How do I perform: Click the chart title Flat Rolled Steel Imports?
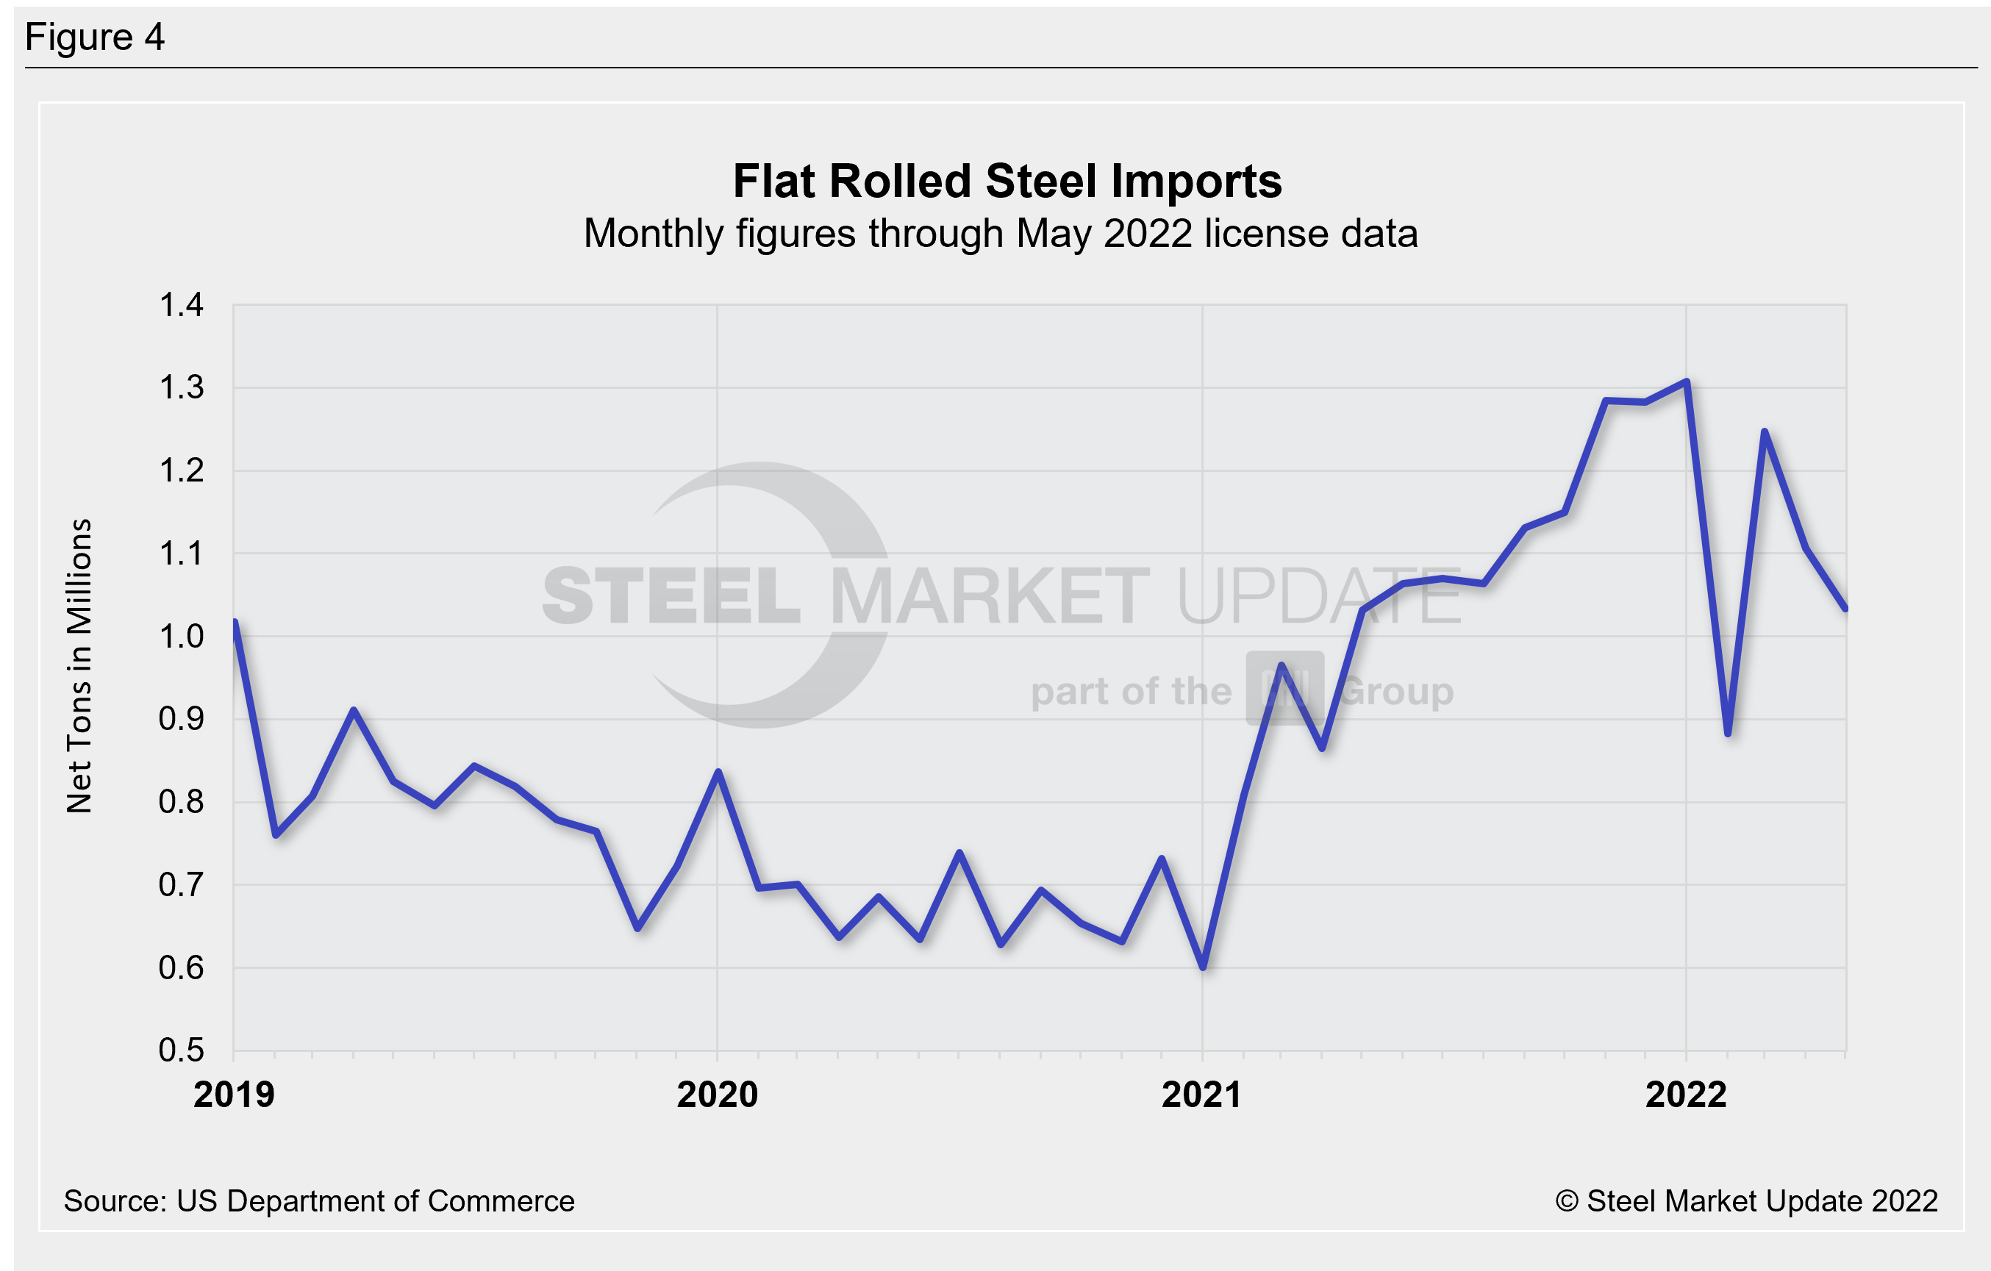coord(1007,181)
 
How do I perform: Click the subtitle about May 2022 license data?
coord(1000,233)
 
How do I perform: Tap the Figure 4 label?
coord(94,37)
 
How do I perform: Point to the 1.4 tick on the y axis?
coord(180,305)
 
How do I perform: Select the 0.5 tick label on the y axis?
coord(180,1050)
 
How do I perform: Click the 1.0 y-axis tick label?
coord(180,637)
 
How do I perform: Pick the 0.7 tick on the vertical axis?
coord(180,885)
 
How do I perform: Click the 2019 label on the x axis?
coord(233,1095)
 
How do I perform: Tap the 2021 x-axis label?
coord(1201,1095)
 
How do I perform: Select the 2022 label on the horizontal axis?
coord(1686,1095)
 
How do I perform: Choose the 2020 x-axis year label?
coord(717,1095)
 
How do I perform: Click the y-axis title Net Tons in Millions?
coord(79,666)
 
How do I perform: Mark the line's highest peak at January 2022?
coord(1687,382)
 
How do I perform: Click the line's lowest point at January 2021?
coord(1203,966)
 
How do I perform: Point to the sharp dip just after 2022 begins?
coord(1728,733)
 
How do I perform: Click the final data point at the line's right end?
coord(1845,608)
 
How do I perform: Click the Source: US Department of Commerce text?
coord(318,1200)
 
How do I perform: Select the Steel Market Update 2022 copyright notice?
coord(1745,1200)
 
